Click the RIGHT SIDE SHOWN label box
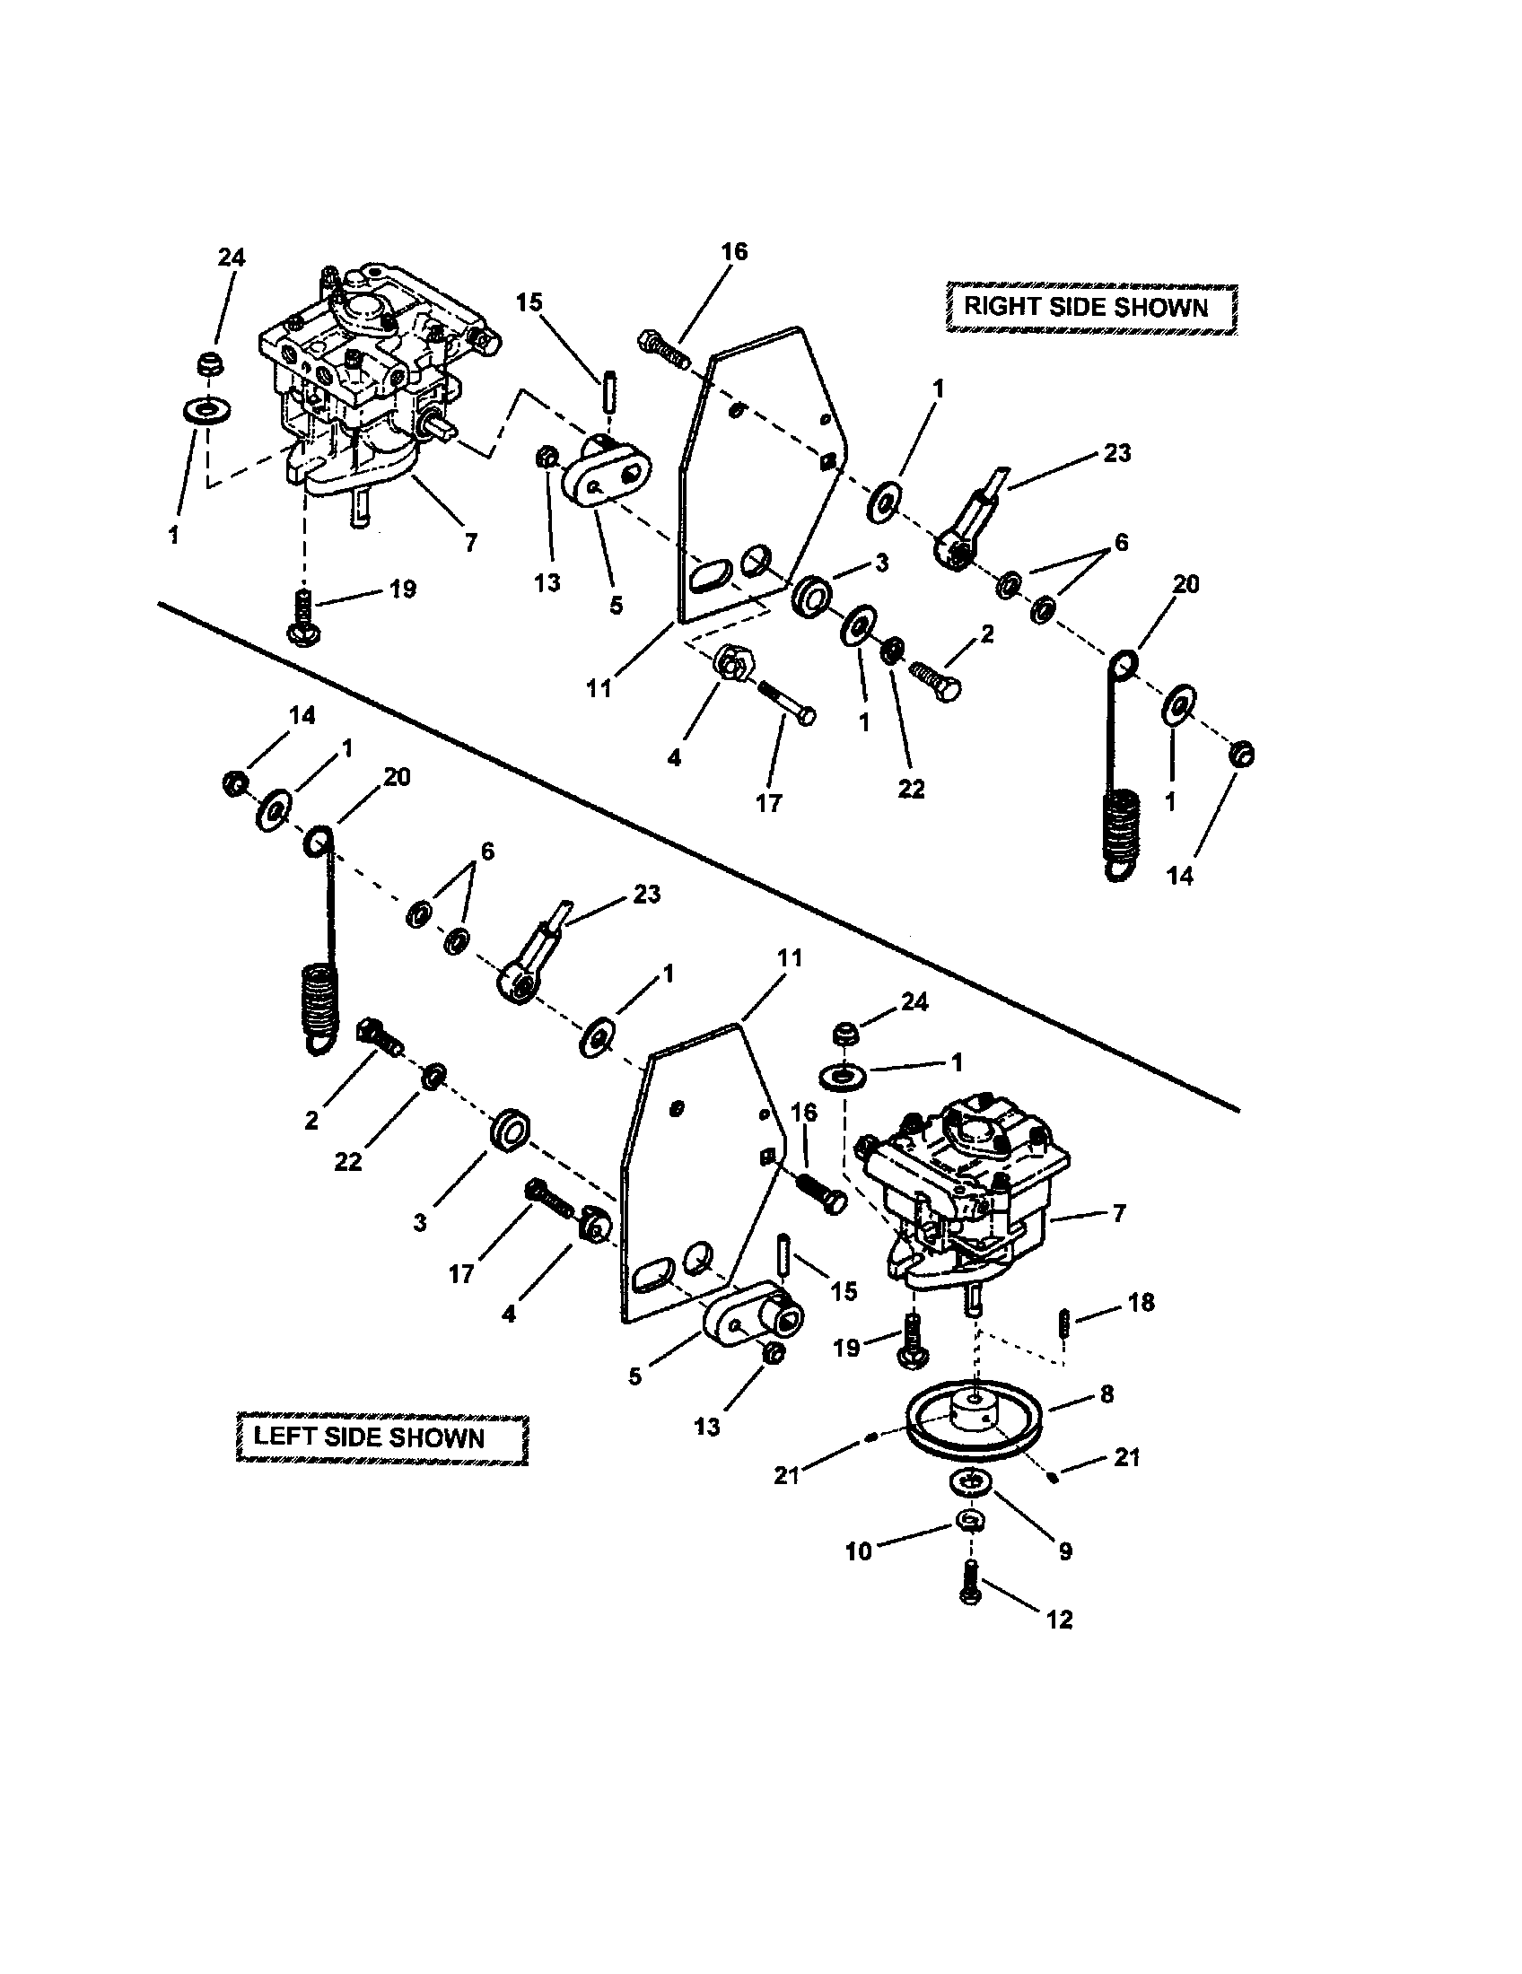click(1090, 307)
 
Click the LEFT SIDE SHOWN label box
click(380, 1437)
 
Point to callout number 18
click(1141, 1303)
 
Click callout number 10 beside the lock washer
click(858, 1551)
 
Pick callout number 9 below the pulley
click(1064, 1551)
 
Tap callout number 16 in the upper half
click(734, 252)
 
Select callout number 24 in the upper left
click(232, 258)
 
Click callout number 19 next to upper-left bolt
click(402, 590)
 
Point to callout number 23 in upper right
click(1117, 453)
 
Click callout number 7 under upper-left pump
click(470, 542)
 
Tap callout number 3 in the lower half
click(420, 1223)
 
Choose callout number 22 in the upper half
click(911, 788)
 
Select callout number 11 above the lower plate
click(790, 959)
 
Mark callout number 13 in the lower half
click(707, 1427)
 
